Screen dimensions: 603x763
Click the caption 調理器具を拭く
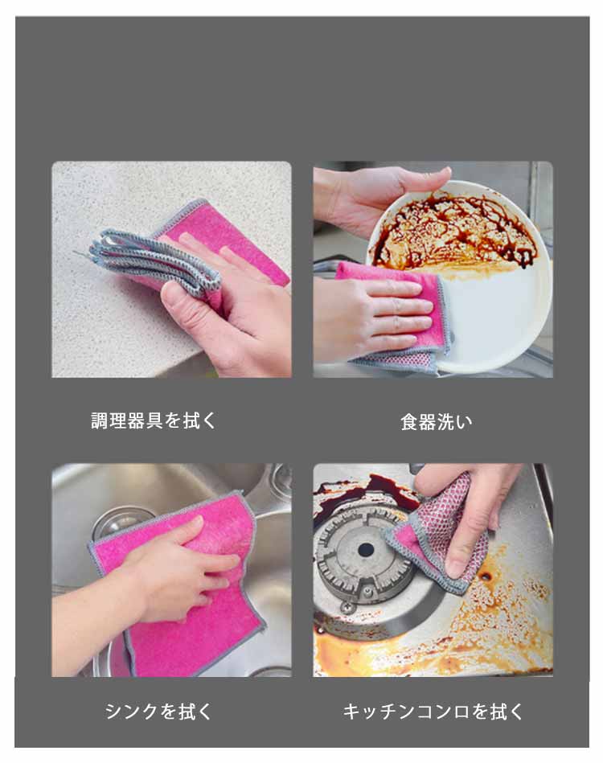(x=154, y=420)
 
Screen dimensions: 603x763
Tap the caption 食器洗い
(x=436, y=421)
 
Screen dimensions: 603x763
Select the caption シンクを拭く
(x=158, y=711)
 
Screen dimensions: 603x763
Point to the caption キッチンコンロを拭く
(x=433, y=712)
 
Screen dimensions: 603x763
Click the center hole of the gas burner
(x=366, y=551)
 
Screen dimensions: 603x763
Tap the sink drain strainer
(x=119, y=523)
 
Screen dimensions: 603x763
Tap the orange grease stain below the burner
(x=438, y=647)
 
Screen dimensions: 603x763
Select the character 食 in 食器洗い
(x=410, y=421)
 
